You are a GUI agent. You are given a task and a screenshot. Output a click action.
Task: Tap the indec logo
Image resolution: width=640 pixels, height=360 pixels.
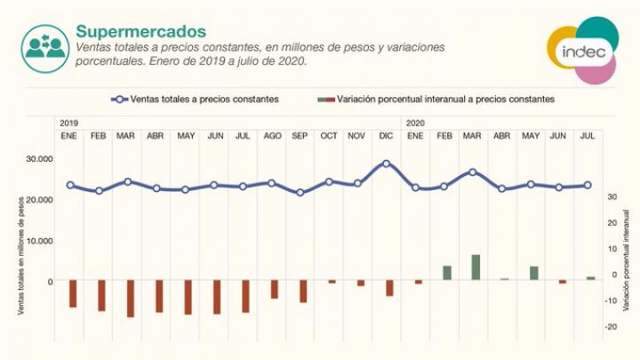(583, 50)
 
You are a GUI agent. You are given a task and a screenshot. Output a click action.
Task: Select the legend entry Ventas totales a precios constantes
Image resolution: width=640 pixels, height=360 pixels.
(196, 99)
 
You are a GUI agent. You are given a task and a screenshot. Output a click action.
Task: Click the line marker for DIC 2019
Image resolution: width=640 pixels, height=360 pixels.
(386, 164)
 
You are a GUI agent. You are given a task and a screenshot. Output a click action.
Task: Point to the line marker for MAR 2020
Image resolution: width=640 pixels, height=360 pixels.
(473, 172)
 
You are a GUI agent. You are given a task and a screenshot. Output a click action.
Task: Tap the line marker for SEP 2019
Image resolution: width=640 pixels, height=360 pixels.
(300, 192)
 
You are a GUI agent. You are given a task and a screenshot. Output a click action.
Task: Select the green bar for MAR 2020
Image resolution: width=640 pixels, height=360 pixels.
(476, 268)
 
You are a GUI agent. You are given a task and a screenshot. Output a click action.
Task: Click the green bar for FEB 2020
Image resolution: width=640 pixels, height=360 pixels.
(447, 273)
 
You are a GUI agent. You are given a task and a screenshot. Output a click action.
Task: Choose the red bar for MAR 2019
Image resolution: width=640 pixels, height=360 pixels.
(130, 299)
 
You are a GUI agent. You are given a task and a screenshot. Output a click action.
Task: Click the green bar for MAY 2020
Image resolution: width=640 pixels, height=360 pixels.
(534, 273)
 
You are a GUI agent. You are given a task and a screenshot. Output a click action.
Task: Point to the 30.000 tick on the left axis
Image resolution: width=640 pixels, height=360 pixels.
(38, 159)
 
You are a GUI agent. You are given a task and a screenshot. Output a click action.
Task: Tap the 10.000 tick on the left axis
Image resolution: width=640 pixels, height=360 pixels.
(38, 241)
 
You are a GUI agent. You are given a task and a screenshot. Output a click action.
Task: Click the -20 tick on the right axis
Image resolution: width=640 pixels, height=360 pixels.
(611, 327)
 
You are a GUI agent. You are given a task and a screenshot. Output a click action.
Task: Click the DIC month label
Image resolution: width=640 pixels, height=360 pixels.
(386, 135)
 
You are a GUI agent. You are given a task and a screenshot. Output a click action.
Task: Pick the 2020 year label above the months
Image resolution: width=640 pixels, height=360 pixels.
(415, 122)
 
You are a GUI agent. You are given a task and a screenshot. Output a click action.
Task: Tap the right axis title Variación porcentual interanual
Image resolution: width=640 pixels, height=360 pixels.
(627, 260)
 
